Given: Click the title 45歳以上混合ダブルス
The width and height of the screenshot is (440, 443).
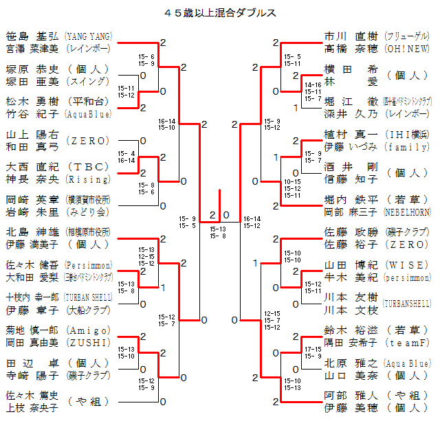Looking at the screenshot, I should pyautogui.click(x=220, y=13).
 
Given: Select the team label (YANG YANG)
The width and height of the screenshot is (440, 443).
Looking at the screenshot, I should pyautogui.click(x=88, y=36).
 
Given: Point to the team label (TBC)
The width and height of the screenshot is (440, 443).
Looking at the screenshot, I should pyautogui.click(x=87, y=166).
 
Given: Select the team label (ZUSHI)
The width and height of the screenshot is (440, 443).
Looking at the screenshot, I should pyautogui.click(x=87, y=343).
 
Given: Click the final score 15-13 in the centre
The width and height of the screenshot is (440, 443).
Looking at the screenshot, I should pyautogui.click(x=217, y=229).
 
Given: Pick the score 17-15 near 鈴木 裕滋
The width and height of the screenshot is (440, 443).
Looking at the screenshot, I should pyautogui.click(x=313, y=350).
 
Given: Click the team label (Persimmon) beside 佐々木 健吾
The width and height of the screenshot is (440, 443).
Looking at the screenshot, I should pyautogui.click(x=87, y=264).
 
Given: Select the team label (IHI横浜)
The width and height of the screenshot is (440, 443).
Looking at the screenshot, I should pyautogui.click(x=407, y=134).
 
